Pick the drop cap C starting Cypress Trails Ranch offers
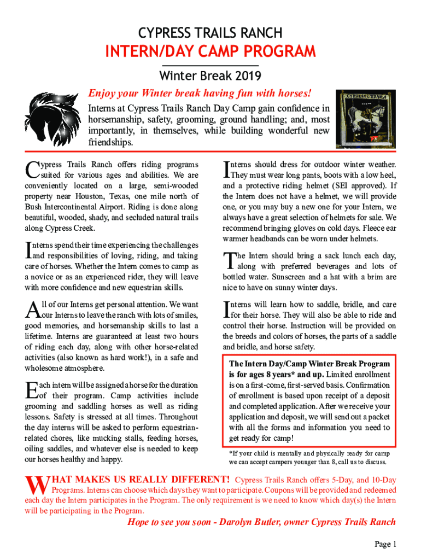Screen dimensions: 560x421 click(32, 169)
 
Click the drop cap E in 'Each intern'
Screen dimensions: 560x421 click(31, 390)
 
